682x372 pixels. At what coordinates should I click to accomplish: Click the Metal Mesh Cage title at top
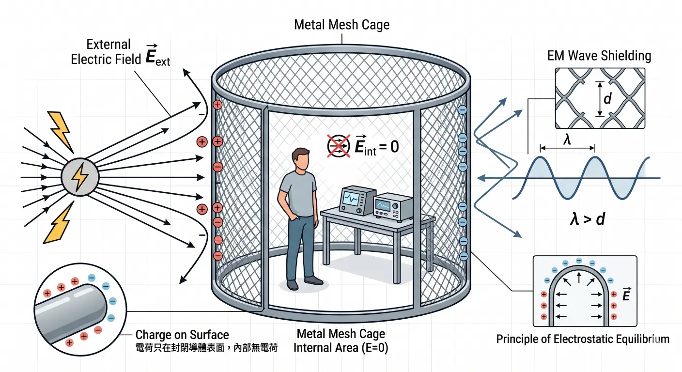[341, 25]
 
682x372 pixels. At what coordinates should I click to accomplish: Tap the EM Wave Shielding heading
[599, 56]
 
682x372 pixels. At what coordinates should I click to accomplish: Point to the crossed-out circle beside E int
[339, 145]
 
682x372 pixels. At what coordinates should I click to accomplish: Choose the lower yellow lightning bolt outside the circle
[59, 225]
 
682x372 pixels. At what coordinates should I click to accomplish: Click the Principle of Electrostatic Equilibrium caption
[583, 339]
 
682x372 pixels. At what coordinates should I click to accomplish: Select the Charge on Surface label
[182, 335]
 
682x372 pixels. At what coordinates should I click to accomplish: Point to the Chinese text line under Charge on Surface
[206, 347]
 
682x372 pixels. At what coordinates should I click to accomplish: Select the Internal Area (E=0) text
[341, 347]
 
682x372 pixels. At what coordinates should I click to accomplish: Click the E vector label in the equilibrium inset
[625, 294]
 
